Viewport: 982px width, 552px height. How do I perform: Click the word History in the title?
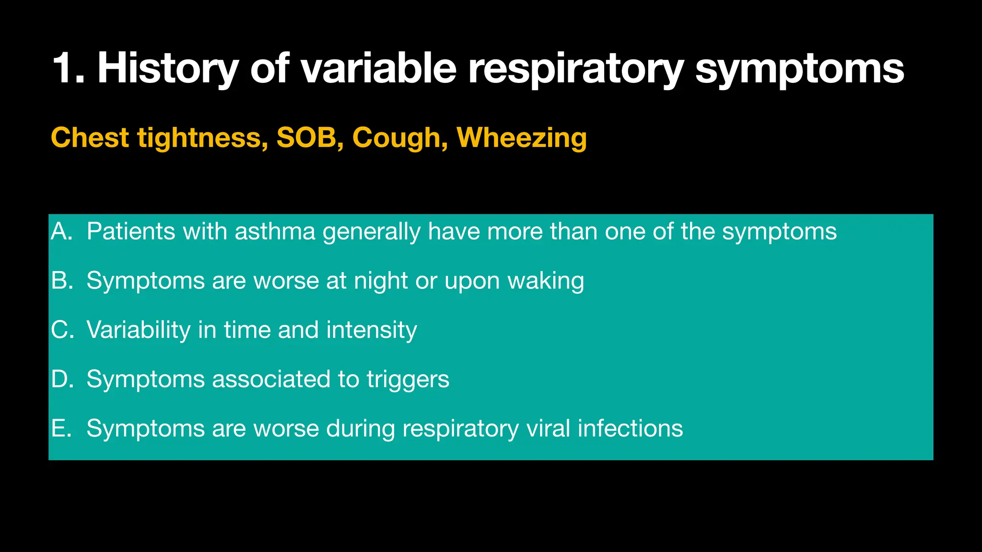[x=167, y=68]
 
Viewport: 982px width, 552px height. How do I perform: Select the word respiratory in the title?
[x=575, y=68]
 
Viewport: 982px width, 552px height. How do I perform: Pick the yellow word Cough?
[x=396, y=138]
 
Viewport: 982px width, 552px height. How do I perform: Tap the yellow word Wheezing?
[x=522, y=138]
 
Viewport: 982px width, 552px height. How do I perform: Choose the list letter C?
[x=61, y=330]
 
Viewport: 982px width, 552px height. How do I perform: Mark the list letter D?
[x=61, y=379]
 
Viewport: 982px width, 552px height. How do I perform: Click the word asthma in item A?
[x=275, y=231]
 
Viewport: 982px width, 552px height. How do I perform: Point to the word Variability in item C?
[x=139, y=330]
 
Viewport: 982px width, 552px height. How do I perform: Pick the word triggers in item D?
[x=408, y=379]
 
